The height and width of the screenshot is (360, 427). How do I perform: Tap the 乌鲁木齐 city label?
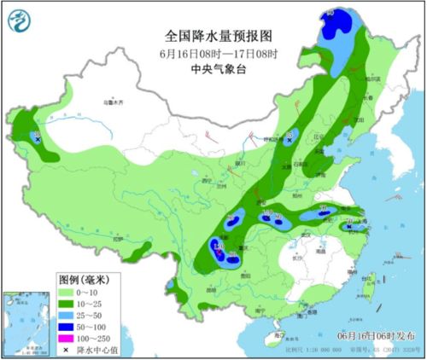[114, 103]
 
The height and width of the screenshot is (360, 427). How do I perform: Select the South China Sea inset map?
[26, 323]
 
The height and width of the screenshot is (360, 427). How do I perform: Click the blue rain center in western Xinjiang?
[38, 136]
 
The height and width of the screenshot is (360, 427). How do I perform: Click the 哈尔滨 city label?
[372, 78]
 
